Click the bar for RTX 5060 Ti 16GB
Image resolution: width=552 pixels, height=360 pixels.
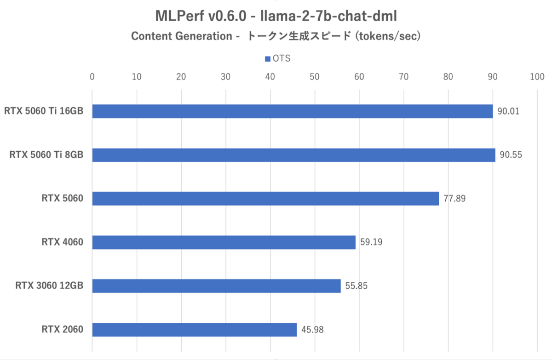click(292, 111)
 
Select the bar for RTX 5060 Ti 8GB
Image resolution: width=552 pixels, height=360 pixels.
click(293, 155)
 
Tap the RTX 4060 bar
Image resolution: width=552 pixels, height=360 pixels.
click(224, 242)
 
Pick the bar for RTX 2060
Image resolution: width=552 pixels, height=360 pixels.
click(194, 330)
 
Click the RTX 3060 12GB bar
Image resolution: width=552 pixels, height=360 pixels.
click(216, 286)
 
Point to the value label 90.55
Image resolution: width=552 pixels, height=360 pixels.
click(511, 155)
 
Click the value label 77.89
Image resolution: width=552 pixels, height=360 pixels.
click(454, 199)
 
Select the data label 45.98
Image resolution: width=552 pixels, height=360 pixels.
click(312, 330)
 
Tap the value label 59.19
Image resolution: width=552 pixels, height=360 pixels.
click(371, 242)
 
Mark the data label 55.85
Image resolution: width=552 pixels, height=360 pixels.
click(356, 286)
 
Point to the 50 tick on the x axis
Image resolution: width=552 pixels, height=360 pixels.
click(315, 76)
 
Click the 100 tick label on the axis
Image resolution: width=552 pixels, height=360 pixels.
click(537, 76)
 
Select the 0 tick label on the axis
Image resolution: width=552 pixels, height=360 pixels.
click(92, 76)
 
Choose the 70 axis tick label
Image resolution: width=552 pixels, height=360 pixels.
click(403, 76)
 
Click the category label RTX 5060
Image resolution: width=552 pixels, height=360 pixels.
click(63, 199)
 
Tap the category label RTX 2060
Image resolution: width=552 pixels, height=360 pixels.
click(63, 330)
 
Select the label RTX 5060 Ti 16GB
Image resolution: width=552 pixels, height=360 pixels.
click(44, 111)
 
